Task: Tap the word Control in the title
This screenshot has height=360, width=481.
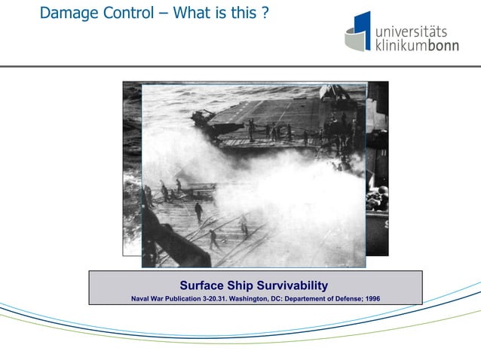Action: (x=130, y=13)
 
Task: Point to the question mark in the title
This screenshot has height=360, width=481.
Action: (x=265, y=13)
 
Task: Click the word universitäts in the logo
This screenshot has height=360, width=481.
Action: (x=412, y=29)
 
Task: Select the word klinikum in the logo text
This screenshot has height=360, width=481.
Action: (x=400, y=45)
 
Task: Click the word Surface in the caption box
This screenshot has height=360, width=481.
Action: (x=202, y=285)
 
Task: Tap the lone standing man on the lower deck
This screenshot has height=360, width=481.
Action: (x=198, y=212)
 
